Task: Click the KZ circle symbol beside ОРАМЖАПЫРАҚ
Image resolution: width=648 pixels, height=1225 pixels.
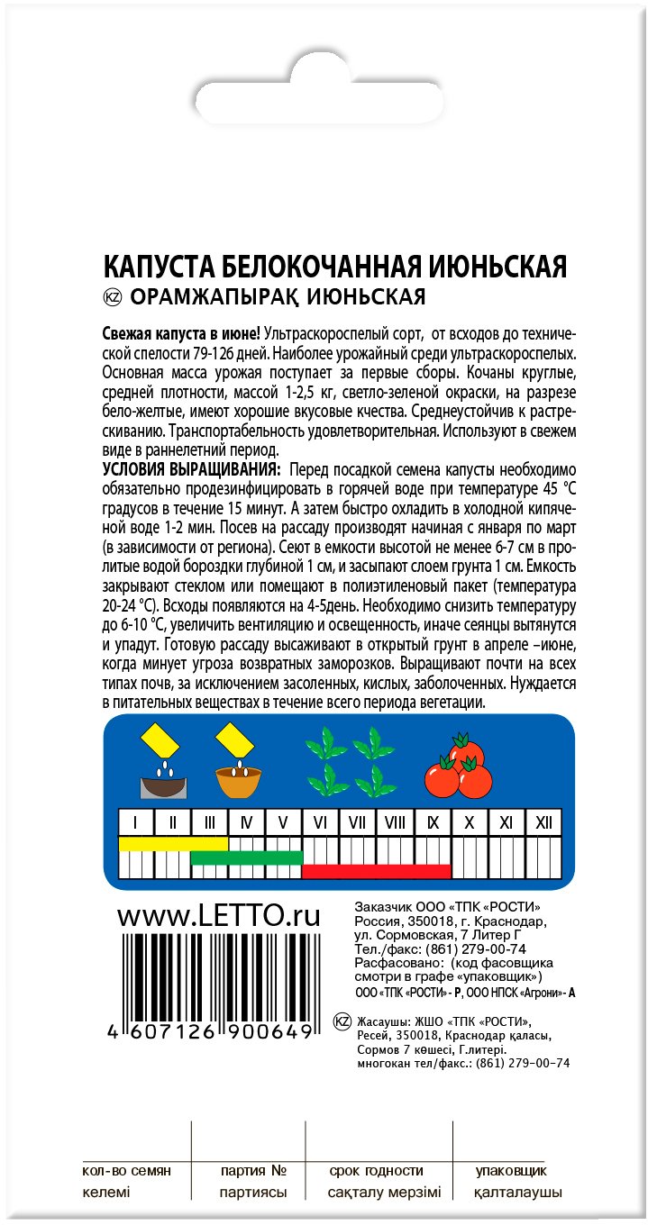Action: (113, 297)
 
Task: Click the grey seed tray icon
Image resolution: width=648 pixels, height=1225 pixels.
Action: (164, 765)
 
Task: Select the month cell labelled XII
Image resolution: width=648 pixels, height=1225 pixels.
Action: (543, 822)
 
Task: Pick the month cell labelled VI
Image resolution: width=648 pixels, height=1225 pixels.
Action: (320, 822)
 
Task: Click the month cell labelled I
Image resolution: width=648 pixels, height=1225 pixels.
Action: (136, 822)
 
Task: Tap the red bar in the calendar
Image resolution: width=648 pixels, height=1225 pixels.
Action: (376, 871)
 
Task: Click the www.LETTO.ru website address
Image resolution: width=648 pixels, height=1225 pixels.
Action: (219, 917)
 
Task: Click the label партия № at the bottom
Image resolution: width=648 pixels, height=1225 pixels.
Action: (253, 1171)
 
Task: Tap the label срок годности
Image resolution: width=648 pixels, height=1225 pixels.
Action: (377, 1171)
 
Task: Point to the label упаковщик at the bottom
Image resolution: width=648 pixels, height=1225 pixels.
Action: (511, 1171)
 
